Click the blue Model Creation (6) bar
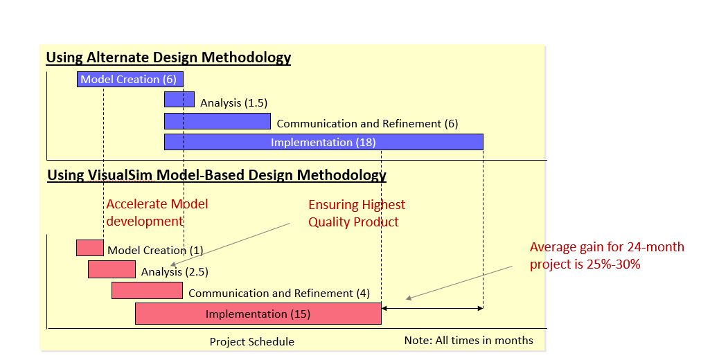point(130,80)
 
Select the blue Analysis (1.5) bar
point(179,100)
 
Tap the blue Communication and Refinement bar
point(217,121)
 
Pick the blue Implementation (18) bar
point(323,142)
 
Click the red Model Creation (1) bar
point(89,248)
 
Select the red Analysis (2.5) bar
point(112,269)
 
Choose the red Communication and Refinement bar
point(147,291)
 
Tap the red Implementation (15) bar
point(258,314)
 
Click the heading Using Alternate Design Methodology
point(168,57)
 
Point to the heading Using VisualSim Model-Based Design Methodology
point(216,175)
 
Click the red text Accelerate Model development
point(157,213)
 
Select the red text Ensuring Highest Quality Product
point(356,213)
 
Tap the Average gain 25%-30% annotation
point(606,255)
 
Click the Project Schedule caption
point(251,342)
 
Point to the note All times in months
point(468,340)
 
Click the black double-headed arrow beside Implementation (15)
point(432,307)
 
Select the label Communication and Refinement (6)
point(367,124)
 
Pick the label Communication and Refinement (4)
point(279,294)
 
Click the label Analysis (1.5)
point(233,103)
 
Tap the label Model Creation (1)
point(155,251)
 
